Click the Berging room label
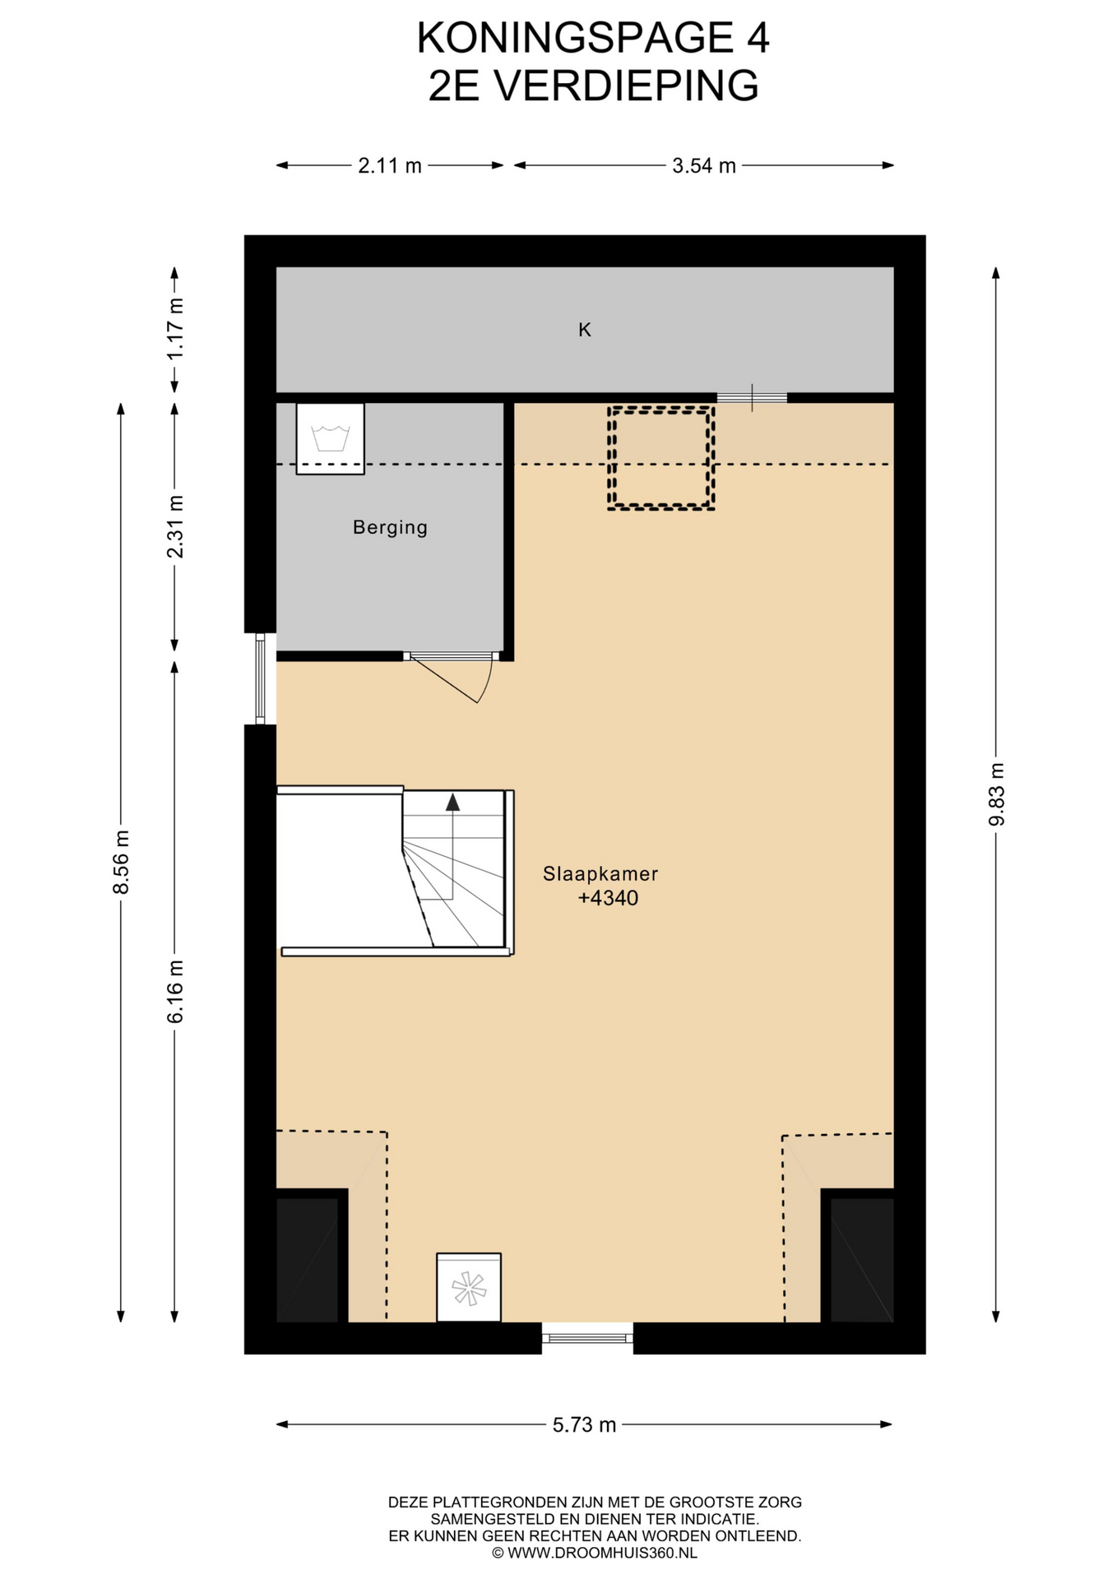coord(390,527)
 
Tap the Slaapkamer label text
coord(600,873)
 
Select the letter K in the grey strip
coord(585,330)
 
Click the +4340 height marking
coord(608,898)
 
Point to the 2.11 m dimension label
coord(390,166)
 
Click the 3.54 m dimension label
coord(704,166)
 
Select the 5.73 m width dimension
coord(585,1424)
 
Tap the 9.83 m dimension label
coord(996,794)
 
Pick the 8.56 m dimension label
coord(121,862)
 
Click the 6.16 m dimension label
coord(175,992)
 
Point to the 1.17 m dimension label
coord(175,329)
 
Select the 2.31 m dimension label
coord(175,526)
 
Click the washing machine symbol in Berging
coord(330,438)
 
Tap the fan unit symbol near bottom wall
coord(469,1288)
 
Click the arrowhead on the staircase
coord(452,803)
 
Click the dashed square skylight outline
coord(660,457)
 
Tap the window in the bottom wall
coord(587,1337)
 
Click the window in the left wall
coord(261,678)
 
